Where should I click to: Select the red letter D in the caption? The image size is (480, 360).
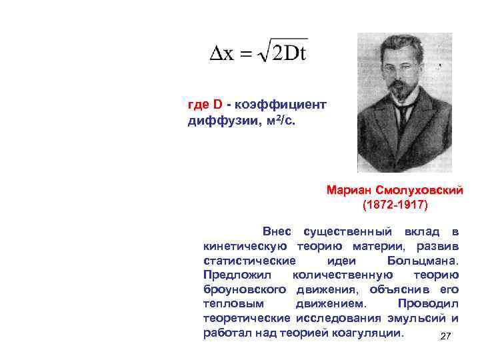(217, 105)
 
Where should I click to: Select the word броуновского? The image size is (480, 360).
(245, 289)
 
